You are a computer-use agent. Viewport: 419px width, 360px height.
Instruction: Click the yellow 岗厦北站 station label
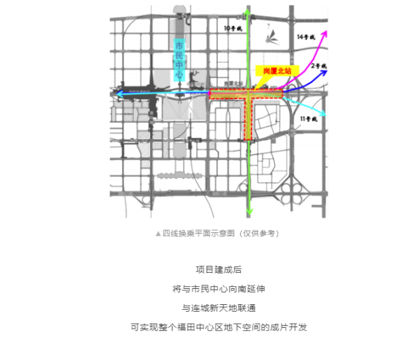click(x=277, y=70)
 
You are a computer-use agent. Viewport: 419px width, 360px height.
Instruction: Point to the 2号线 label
click(x=319, y=66)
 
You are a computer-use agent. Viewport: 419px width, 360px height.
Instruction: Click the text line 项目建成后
click(x=209, y=269)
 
